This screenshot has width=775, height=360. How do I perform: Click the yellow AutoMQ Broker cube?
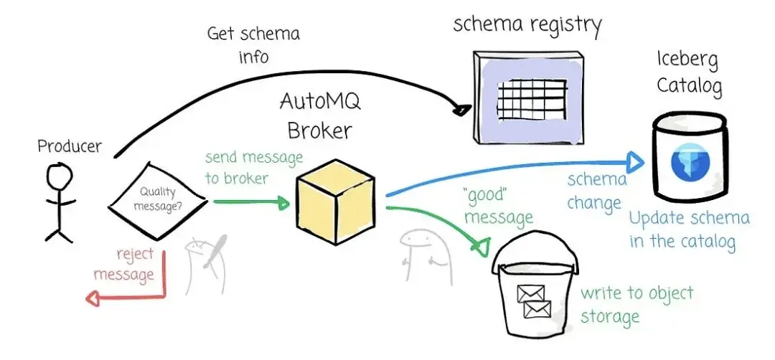click(x=335, y=202)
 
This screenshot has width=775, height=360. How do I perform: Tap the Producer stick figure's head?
click(x=60, y=175)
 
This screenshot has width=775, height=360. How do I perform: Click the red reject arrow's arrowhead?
click(x=93, y=298)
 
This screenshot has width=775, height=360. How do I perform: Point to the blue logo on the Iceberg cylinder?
click(x=690, y=162)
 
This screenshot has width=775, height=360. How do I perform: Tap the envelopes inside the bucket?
click(x=533, y=300)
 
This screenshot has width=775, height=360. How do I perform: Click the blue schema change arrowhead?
click(x=636, y=160)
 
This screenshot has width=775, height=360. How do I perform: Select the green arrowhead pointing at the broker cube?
click(x=283, y=202)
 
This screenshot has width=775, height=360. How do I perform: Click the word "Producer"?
click(x=70, y=146)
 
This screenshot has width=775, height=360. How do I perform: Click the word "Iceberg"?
click(x=687, y=61)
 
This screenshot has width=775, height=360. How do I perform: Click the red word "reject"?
click(x=135, y=255)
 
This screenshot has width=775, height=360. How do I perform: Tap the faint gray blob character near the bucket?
click(x=426, y=257)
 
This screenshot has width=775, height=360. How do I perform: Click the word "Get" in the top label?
click(x=220, y=35)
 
